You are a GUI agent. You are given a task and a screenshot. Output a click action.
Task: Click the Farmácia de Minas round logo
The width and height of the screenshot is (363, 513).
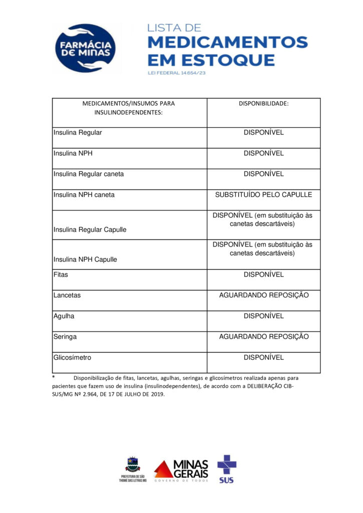pos(86,49)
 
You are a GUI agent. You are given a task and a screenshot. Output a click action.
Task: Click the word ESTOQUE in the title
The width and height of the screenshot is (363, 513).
pos(236,61)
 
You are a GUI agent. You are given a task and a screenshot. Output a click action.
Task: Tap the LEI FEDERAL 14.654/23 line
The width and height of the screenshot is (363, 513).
pos(177,73)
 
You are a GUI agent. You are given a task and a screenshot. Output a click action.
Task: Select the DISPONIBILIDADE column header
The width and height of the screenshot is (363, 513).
pos(263,104)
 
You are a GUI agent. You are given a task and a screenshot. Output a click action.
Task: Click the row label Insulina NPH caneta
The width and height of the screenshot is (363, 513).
pos(84,194)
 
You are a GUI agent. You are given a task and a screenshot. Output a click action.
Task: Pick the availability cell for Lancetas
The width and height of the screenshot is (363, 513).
pos(263,295)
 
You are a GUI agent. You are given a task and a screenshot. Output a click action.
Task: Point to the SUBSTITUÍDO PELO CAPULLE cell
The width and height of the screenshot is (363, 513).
pos(263,194)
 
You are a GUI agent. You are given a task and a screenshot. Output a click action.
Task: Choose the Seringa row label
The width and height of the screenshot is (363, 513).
pos(65,337)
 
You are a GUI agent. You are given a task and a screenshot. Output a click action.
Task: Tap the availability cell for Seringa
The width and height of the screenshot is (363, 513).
pos(263,337)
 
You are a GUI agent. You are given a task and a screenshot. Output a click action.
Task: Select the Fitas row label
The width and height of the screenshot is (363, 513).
pos(61,275)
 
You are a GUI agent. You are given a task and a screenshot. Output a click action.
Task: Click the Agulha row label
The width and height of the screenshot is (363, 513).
pos(64,316)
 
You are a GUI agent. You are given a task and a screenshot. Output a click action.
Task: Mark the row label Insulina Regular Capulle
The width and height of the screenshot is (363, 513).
pos(90,229)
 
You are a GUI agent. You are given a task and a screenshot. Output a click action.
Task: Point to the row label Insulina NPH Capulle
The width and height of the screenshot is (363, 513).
pos(85,260)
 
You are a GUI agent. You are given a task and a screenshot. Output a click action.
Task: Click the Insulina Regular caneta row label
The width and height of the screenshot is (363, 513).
pos(89,174)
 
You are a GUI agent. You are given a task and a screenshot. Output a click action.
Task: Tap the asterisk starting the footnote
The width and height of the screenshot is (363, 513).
pos(54,377)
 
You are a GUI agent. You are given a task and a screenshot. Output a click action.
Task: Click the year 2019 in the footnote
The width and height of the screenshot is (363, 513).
pos(157,394)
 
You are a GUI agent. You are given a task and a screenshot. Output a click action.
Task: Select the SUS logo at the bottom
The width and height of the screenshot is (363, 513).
pos(226,468)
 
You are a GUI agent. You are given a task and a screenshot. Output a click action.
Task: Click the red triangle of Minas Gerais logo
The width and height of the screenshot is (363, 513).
pos(163,469)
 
